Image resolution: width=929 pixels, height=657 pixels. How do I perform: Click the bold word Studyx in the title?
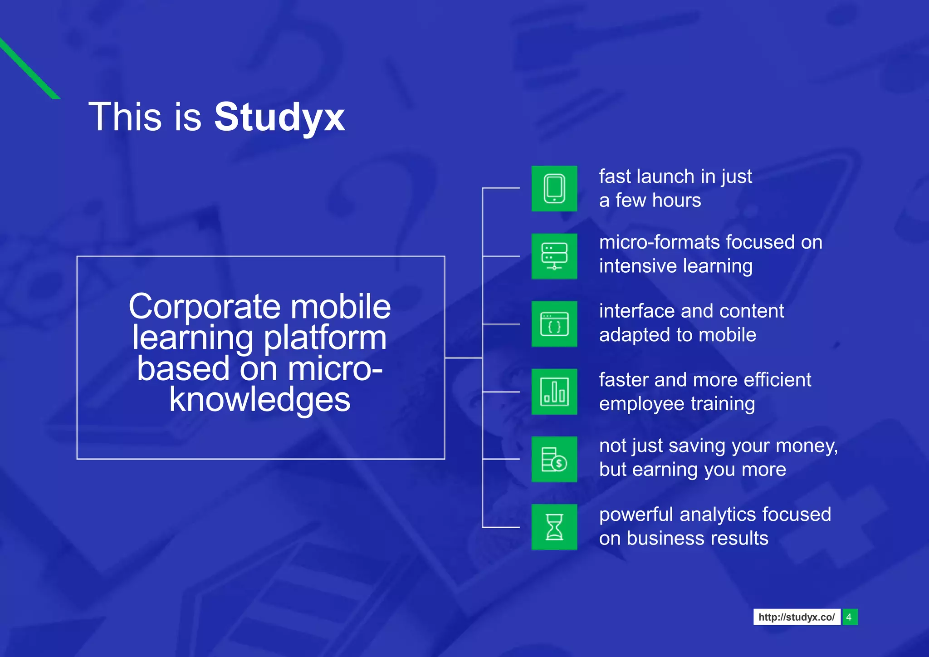tap(279, 117)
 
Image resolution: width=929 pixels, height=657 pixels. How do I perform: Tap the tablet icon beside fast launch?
tap(554, 188)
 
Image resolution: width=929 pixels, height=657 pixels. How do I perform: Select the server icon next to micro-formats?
tap(554, 256)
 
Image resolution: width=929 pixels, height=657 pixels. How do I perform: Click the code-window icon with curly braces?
tap(554, 324)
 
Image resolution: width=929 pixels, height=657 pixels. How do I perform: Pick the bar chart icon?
tap(554, 392)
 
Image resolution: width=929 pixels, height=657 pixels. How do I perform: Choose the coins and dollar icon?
tap(554, 459)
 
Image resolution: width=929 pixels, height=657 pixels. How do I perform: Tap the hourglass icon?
tap(554, 527)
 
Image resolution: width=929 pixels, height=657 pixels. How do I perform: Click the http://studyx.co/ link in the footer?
tap(797, 617)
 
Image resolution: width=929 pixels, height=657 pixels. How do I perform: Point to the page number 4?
tap(849, 617)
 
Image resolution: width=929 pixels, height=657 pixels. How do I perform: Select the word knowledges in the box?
tap(259, 400)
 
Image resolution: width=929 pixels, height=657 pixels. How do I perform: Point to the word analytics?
tap(718, 515)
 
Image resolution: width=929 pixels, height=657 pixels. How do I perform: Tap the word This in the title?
tap(125, 117)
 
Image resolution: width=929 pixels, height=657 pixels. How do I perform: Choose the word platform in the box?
tap(325, 338)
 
